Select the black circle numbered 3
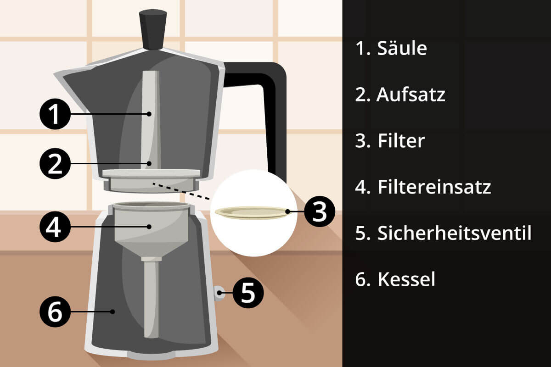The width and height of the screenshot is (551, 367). click(x=319, y=211)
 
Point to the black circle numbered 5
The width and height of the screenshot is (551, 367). click(x=248, y=292)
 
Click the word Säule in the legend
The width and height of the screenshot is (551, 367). click(x=402, y=49)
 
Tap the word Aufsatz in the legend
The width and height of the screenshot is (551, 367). click(x=410, y=95)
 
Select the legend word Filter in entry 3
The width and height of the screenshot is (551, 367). click(x=401, y=141)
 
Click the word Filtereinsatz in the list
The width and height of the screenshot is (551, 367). click(x=434, y=187)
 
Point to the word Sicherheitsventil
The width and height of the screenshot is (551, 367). click(x=454, y=233)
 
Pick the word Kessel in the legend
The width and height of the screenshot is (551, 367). click(x=406, y=279)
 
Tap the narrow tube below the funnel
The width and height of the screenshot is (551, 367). click(x=151, y=298)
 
